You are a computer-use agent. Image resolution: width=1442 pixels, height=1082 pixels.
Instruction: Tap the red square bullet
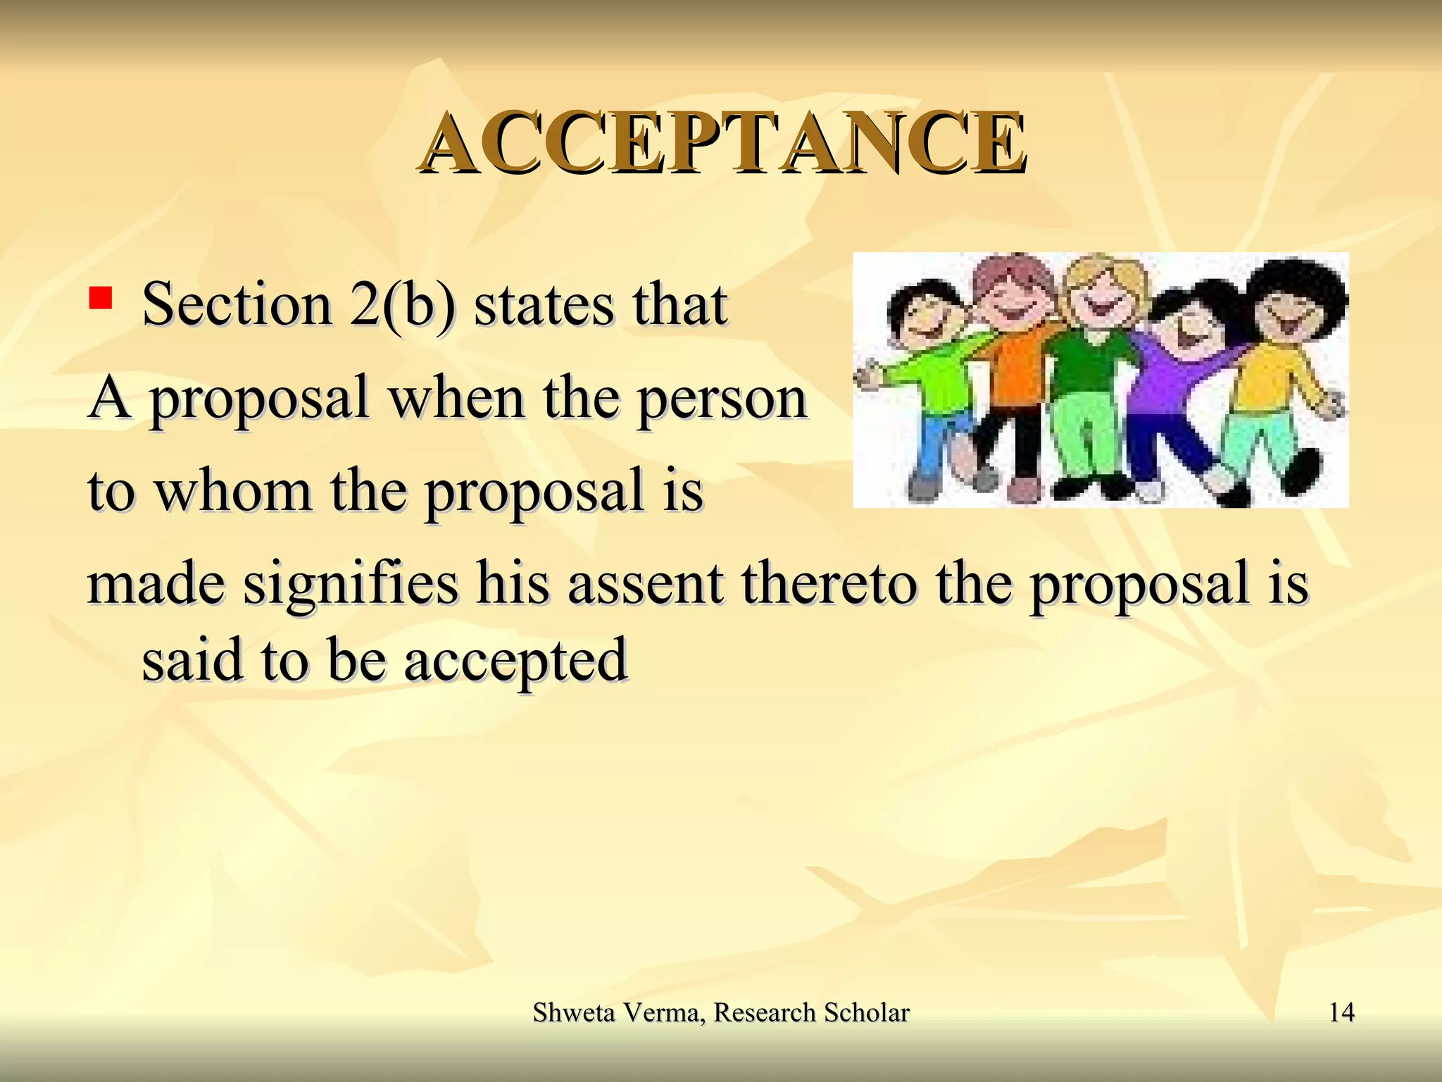[101, 298]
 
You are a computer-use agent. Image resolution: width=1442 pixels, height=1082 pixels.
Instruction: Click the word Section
[237, 304]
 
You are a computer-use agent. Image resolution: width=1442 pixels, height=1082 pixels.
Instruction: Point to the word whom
[233, 490]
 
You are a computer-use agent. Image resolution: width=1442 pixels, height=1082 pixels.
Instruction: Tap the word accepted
[515, 661]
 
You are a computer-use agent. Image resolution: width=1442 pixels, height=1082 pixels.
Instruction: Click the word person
[722, 399]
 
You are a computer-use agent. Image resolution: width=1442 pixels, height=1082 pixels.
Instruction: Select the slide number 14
[1341, 1012]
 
